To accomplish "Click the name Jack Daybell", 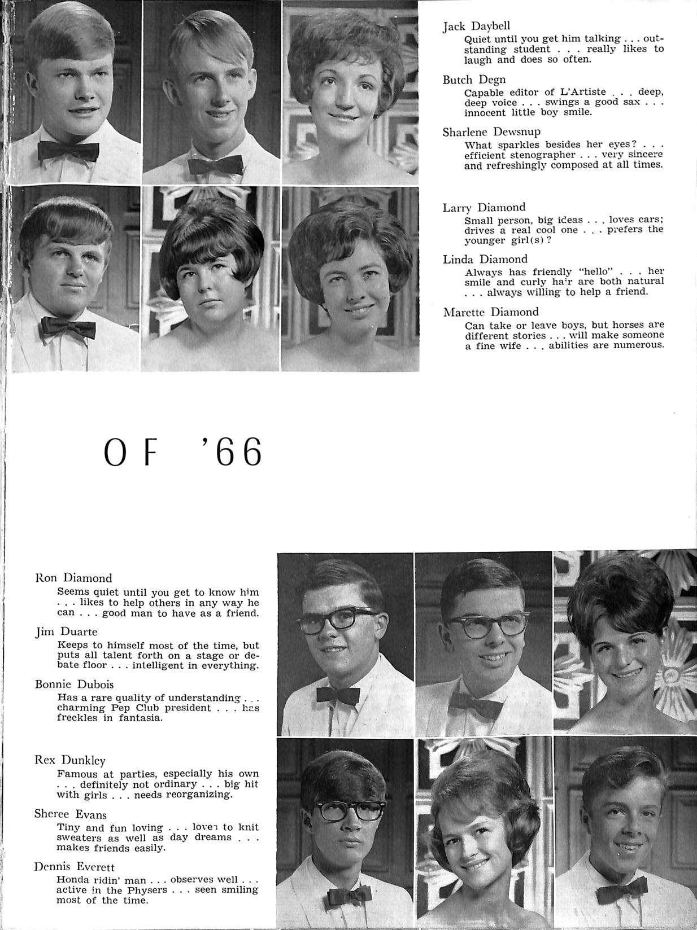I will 476,27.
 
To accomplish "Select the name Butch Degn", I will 474,80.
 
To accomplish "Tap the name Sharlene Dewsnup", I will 491,132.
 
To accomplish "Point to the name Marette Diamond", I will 490,312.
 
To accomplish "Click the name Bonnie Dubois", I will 74,685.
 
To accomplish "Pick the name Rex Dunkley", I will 70,760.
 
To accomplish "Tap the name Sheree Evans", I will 70,814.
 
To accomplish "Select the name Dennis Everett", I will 74,867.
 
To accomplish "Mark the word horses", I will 611,325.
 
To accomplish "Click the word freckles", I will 77,718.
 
